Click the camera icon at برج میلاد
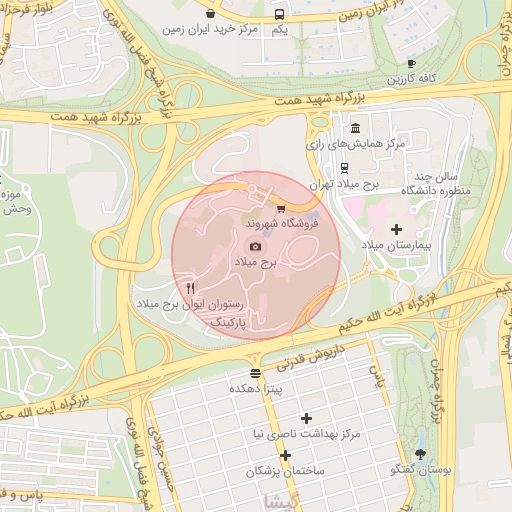(255, 246)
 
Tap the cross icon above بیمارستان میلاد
(397, 229)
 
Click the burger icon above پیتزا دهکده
(256, 372)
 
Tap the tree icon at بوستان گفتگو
(420, 454)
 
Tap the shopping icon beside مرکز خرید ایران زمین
(211, 14)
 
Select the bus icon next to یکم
(279, 14)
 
